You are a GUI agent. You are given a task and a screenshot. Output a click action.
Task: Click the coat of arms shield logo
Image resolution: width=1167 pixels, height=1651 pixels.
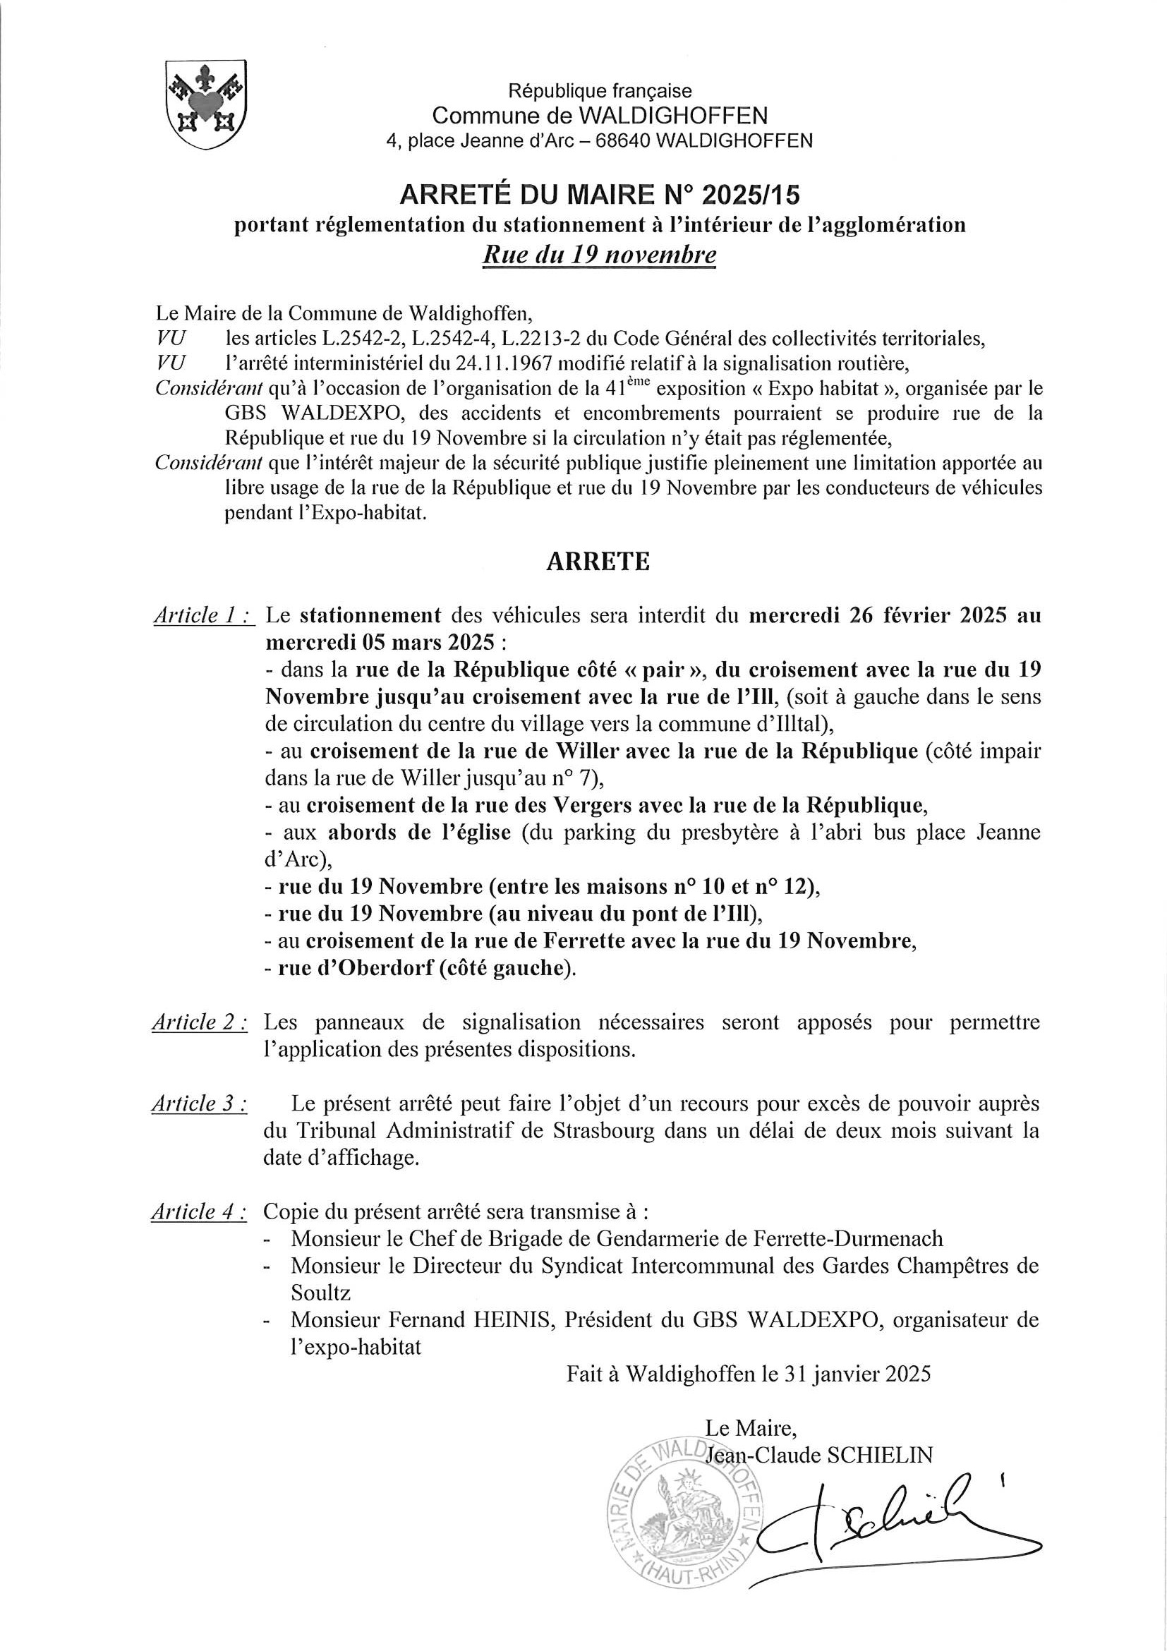(x=207, y=104)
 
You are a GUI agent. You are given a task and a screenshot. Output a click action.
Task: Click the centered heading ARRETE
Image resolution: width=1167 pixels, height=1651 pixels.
(x=598, y=562)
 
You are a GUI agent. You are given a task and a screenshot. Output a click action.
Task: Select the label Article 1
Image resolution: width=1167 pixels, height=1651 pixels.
(x=202, y=615)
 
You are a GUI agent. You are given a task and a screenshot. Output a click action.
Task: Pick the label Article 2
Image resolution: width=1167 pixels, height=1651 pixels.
(x=200, y=1022)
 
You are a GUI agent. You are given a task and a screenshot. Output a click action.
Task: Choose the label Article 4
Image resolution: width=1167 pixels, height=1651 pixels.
(x=200, y=1212)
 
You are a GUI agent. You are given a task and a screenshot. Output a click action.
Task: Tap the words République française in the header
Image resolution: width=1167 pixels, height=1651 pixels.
(x=600, y=91)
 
